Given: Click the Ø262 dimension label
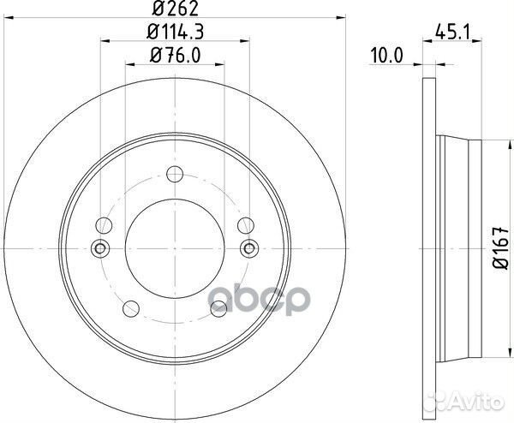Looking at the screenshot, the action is tap(176, 9).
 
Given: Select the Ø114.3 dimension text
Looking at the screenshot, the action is tap(175, 32).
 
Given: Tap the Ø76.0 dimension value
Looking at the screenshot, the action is tap(175, 55).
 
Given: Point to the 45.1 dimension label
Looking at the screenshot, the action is tap(452, 33).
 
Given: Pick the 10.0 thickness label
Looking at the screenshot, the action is tap(385, 56).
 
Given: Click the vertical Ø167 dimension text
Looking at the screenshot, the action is tap(501, 247).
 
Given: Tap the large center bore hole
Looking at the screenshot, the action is tap(175, 249).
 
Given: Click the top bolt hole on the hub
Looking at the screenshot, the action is tap(175, 174).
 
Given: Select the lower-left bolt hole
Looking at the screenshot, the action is tap(131, 308).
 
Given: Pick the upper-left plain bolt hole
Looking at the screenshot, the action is tap(104, 225).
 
